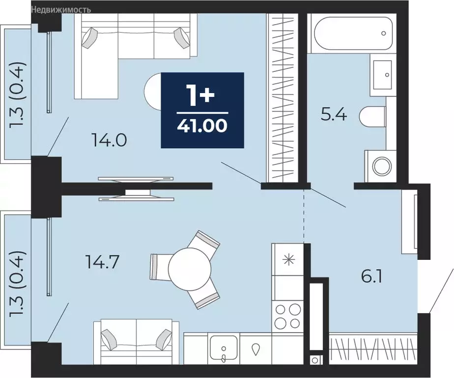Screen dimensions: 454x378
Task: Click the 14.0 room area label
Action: [x=109, y=140]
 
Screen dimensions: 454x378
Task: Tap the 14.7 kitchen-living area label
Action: [x=102, y=262]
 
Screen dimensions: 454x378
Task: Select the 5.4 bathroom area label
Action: [x=334, y=115]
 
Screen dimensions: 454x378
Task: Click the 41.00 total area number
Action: [x=202, y=126]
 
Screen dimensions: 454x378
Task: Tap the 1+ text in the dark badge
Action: [x=202, y=94]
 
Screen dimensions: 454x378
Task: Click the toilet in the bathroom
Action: [x=372, y=116]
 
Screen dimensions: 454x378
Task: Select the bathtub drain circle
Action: [x=384, y=33]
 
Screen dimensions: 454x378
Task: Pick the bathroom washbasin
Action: [x=383, y=74]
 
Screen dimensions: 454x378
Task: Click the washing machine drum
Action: [x=382, y=166]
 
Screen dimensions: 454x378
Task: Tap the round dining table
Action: [x=190, y=269]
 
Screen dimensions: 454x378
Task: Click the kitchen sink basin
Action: [x=224, y=348]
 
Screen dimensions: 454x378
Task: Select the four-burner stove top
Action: [x=288, y=315]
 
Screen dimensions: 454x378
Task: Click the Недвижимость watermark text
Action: [x=61, y=10]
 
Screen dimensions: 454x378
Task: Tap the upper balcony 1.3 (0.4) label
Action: [x=17, y=95]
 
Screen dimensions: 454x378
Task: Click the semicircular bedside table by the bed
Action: [x=153, y=92]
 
